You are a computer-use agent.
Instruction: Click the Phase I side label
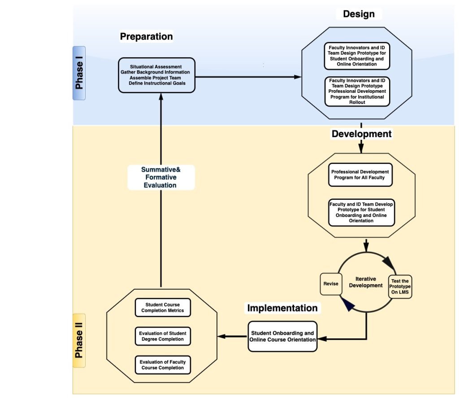click(79, 73)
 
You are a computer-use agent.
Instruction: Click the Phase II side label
click(79, 340)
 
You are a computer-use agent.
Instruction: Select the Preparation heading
click(146, 37)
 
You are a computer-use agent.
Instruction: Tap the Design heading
click(359, 14)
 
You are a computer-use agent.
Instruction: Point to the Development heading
click(361, 134)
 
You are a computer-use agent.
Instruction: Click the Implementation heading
click(282, 308)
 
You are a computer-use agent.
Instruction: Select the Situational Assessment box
click(157, 75)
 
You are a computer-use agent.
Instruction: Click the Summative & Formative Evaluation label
click(160, 177)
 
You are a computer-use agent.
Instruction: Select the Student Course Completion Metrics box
click(163, 307)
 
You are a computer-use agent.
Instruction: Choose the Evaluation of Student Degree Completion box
click(163, 336)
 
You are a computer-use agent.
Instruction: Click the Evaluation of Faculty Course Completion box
click(163, 365)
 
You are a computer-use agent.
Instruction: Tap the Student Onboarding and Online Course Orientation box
click(282, 337)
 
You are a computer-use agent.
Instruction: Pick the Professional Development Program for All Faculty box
click(360, 174)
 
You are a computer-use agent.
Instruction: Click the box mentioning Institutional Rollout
click(357, 91)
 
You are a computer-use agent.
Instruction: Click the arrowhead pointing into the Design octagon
click(298, 77)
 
